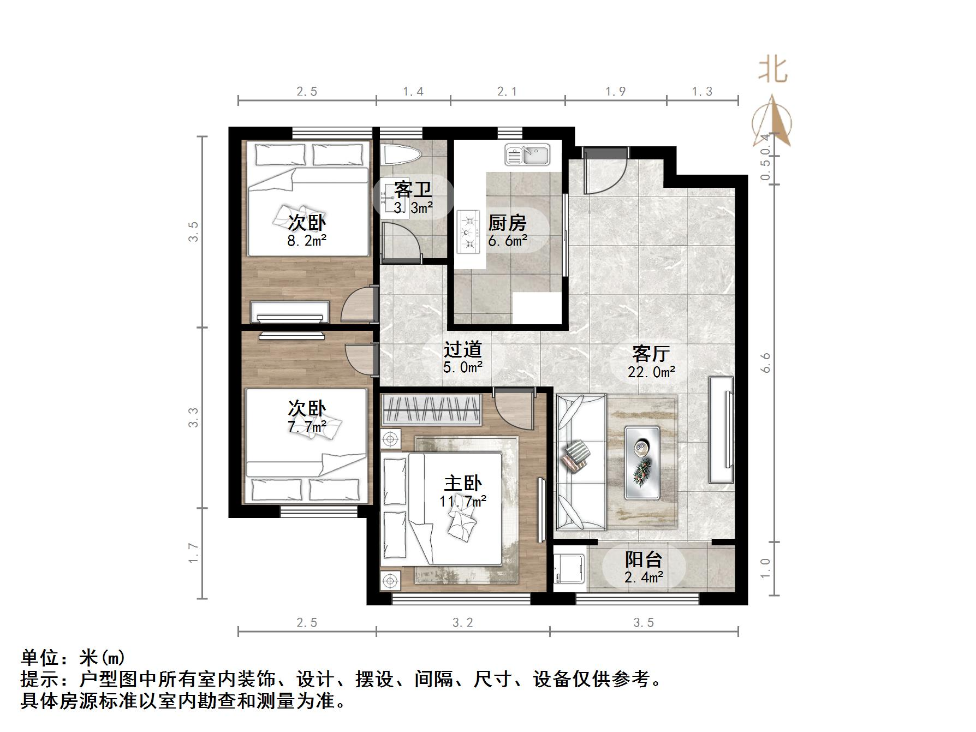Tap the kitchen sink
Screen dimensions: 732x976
(x=527, y=154)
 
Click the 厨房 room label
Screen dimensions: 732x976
(x=507, y=223)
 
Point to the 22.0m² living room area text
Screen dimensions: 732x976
(x=651, y=372)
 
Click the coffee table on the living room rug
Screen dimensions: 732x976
(x=642, y=462)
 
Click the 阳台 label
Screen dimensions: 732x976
(x=643, y=560)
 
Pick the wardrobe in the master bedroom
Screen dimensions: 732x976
(x=431, y=409)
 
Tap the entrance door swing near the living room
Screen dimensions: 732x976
(x=603, y=172)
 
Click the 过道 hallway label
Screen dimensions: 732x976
(x=462, y=349)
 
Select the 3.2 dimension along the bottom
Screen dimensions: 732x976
(x=462, y=623)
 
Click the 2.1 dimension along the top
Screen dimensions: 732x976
(x=507, y=92)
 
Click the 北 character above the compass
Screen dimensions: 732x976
(x=772, y=70)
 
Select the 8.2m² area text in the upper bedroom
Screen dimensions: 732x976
(x=307, y=240)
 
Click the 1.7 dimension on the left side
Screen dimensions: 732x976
(x=194, y=553)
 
